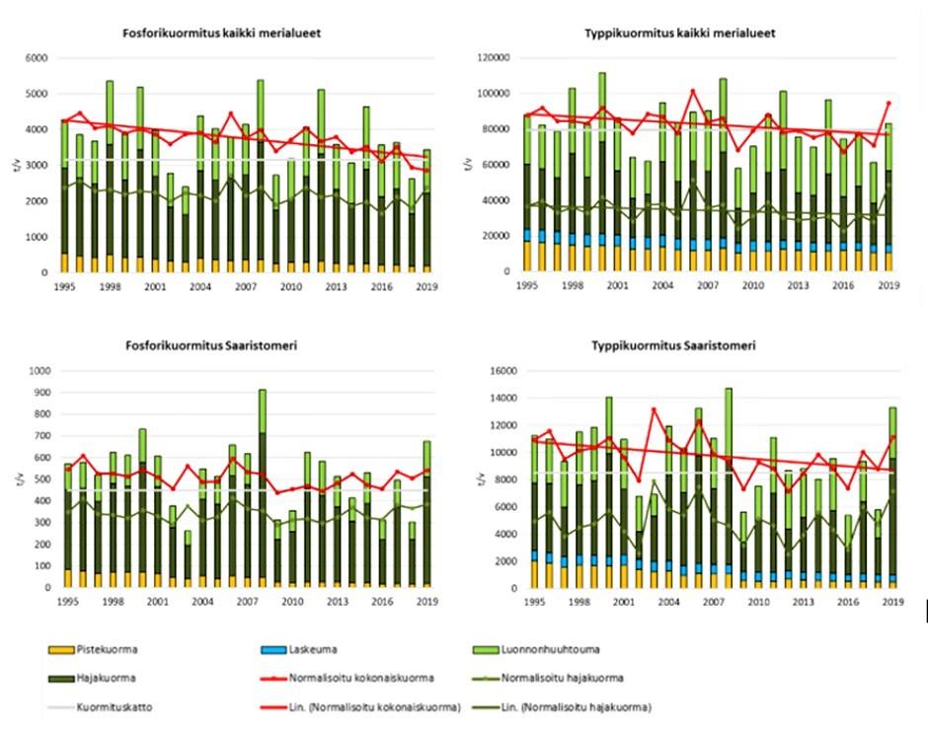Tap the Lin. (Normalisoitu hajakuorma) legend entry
(585, 706)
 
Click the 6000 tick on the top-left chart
(36, 59)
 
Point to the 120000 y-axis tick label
(491, 59)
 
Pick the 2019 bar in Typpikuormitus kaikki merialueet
(889, 197)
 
